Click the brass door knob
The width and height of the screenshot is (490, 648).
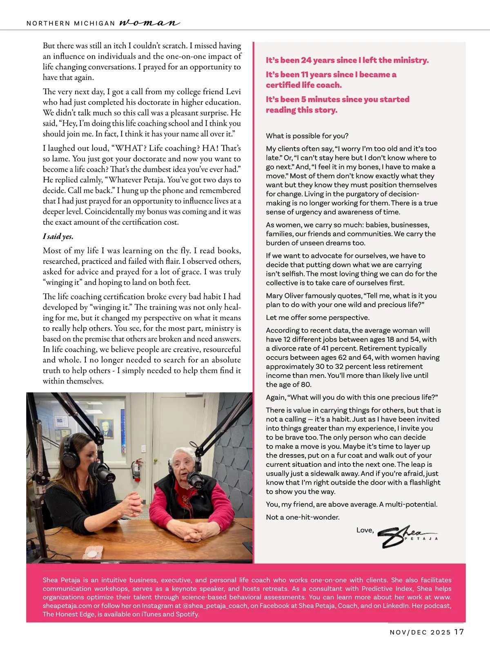tap(156, 461)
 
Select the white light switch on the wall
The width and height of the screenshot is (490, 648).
tap(143, 449)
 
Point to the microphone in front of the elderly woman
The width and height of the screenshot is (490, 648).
tap(194, 479)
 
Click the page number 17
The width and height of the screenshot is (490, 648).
tap(459, 632)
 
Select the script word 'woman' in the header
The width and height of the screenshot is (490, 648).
tap(149, 23)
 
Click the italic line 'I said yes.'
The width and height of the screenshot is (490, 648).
tap(58, 236)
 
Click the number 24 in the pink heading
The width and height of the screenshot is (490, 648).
tap(306, 60)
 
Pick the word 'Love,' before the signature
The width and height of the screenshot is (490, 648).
tap(365, 530)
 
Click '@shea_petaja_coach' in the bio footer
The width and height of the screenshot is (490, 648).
tap(215, 606)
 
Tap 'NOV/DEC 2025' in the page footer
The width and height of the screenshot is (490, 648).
tap(420, 632)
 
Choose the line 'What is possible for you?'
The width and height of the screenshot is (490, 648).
tap(307, 136)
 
